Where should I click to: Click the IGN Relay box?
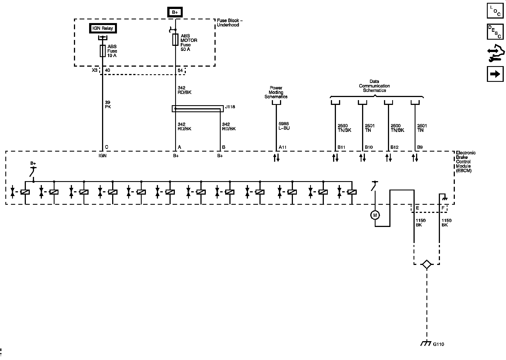point(103,28)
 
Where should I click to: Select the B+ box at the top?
point(175,12)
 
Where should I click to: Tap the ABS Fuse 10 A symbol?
point(103,51)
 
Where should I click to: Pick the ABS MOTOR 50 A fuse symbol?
point(175,40)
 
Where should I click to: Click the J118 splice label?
point(230,107)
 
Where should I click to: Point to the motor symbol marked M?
point(375,215)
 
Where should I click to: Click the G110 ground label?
point(439,344)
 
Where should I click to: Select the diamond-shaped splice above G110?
point(426,264)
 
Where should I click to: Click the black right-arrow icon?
point(495,74)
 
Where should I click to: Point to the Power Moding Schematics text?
point(276,92)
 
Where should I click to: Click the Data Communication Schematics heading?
point(374,86)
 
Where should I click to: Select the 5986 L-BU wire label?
point(284,126)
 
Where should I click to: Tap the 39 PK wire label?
point(108,105)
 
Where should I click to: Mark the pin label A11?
point(283,147)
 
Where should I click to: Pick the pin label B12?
point(394,147)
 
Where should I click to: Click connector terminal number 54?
point(180,70)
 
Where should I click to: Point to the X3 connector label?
point(95,70)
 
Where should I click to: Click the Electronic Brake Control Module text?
point(466,162)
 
